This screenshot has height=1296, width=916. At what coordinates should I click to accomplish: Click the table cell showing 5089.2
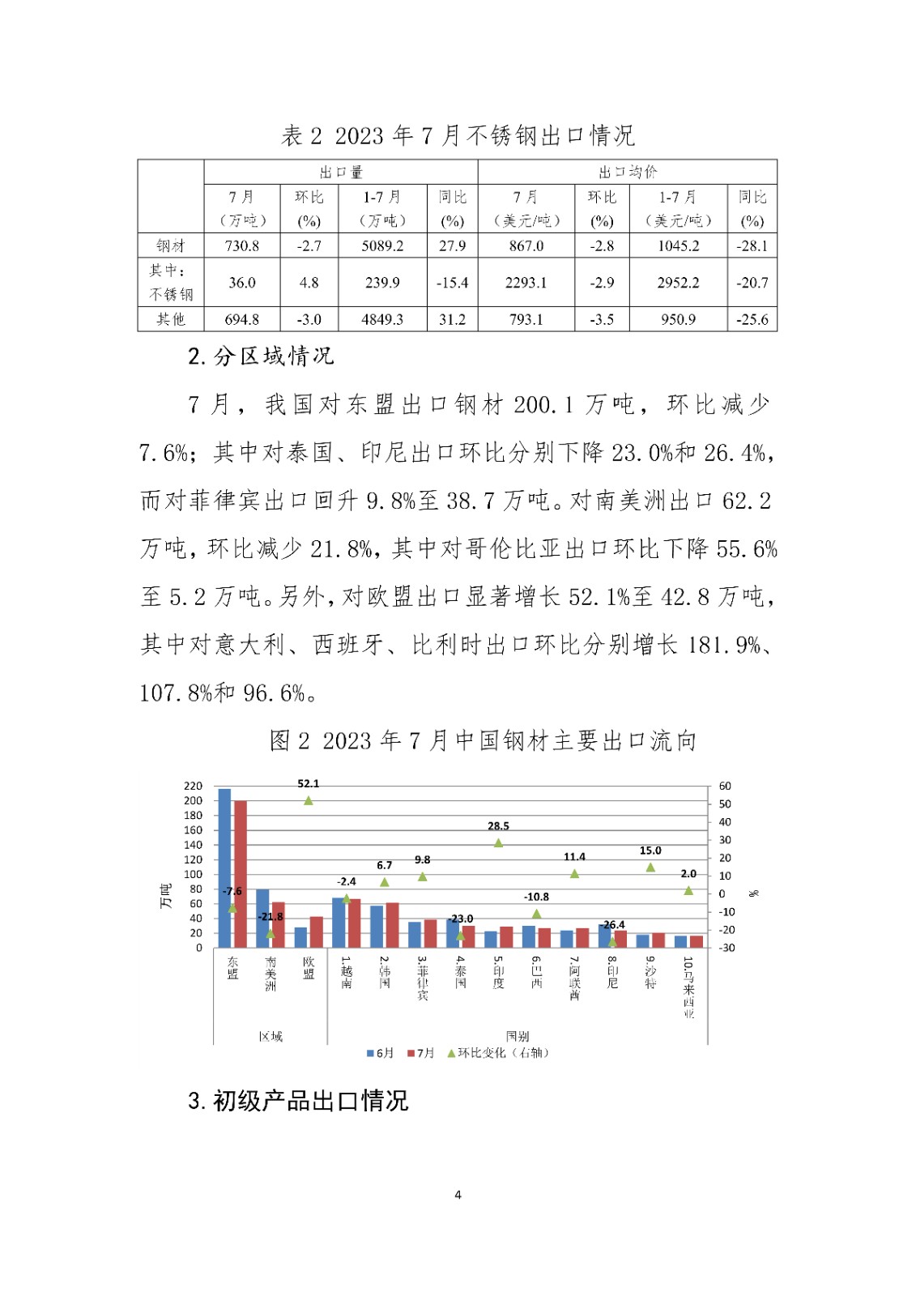pos(382,245)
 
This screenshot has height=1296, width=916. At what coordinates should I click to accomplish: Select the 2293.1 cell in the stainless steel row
pos(526,283)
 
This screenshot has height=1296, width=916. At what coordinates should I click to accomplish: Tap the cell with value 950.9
pos(678,319)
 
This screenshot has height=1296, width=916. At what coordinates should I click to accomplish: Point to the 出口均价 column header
pos(628,172)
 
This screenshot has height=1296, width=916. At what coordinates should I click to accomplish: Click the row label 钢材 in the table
pos(171,245)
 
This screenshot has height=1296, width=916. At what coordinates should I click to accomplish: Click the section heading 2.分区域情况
pos(261,356)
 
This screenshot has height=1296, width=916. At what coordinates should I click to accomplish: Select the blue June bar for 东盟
pos(224,868)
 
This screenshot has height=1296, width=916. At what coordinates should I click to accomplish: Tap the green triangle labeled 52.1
pos(309,800)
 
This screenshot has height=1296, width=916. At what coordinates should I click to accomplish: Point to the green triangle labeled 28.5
pos(498,843)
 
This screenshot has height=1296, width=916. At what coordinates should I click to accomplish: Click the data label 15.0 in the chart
pos(650,850)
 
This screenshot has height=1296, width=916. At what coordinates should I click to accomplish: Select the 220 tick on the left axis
pos(193,786)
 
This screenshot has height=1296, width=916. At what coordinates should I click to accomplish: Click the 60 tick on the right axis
pos(725,786)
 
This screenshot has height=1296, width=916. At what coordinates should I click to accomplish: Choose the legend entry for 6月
pos(381,1053)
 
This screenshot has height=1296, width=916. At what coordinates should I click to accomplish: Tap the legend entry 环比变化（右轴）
pos(498,1053)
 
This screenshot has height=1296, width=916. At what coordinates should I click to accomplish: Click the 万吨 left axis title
pos(166,895)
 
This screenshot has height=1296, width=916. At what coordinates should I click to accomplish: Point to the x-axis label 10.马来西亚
pos(688,987)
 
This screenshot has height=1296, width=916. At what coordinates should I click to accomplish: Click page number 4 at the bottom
pos(458,1195)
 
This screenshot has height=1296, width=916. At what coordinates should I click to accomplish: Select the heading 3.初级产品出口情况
pos(298,1101)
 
